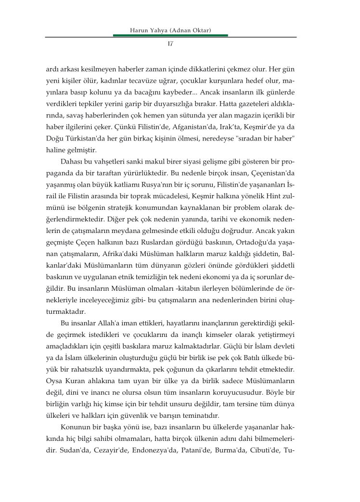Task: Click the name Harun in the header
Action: coord(140,31)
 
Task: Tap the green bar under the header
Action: coord(170,36)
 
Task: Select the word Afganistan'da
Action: coord(176,131)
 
